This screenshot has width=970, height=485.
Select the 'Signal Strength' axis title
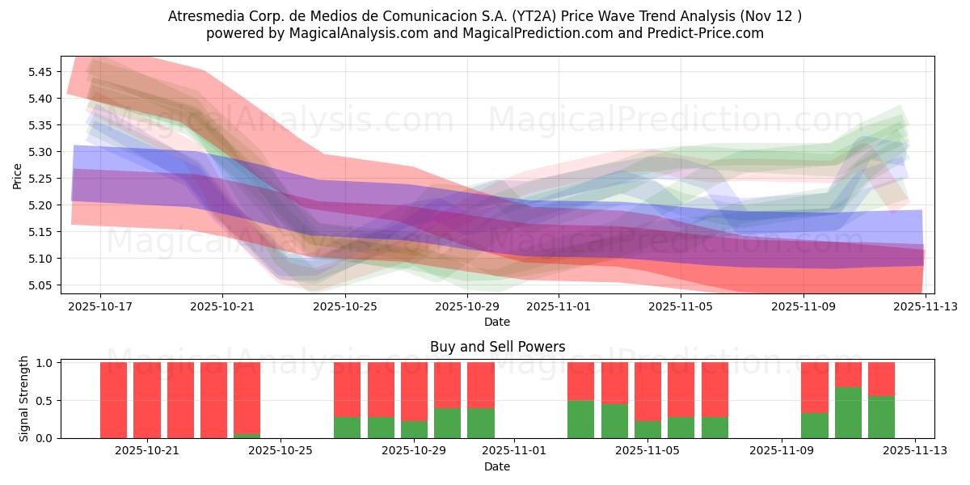pyautogui.click(x=24, y=399)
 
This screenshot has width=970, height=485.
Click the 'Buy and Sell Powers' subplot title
pyautogui.click(x=497, y=347)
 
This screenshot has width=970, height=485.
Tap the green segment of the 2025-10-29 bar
pyautogui.click(x=414, y=429)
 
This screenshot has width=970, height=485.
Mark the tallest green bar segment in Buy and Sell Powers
pyautogui.click(x=848, y=412)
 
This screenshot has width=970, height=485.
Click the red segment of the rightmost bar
pyautogui.click(x=881, y=378)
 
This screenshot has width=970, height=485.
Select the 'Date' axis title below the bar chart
pyautogui.click(x=497, y=466)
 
